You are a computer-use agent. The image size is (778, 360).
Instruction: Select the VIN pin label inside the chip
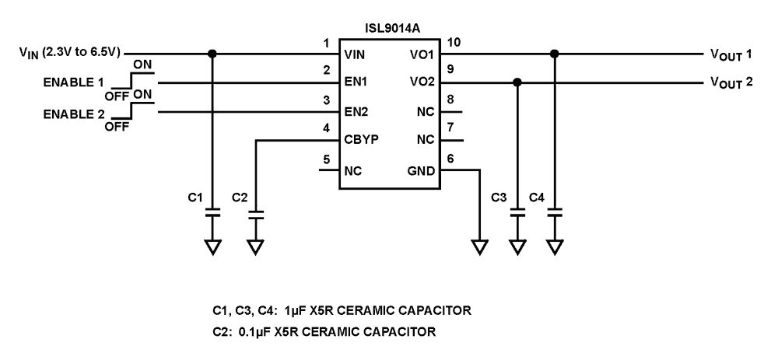[x=355, y=55]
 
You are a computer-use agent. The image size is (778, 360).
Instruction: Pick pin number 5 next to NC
[x=327, y=159]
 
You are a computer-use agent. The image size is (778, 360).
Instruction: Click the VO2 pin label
[x=421, y=83]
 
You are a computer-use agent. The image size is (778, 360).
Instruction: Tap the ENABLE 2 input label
[x=73, y=113]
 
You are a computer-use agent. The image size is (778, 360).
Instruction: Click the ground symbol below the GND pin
[x=479, y=247]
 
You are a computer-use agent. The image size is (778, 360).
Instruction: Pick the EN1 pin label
[x=356, y=83]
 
